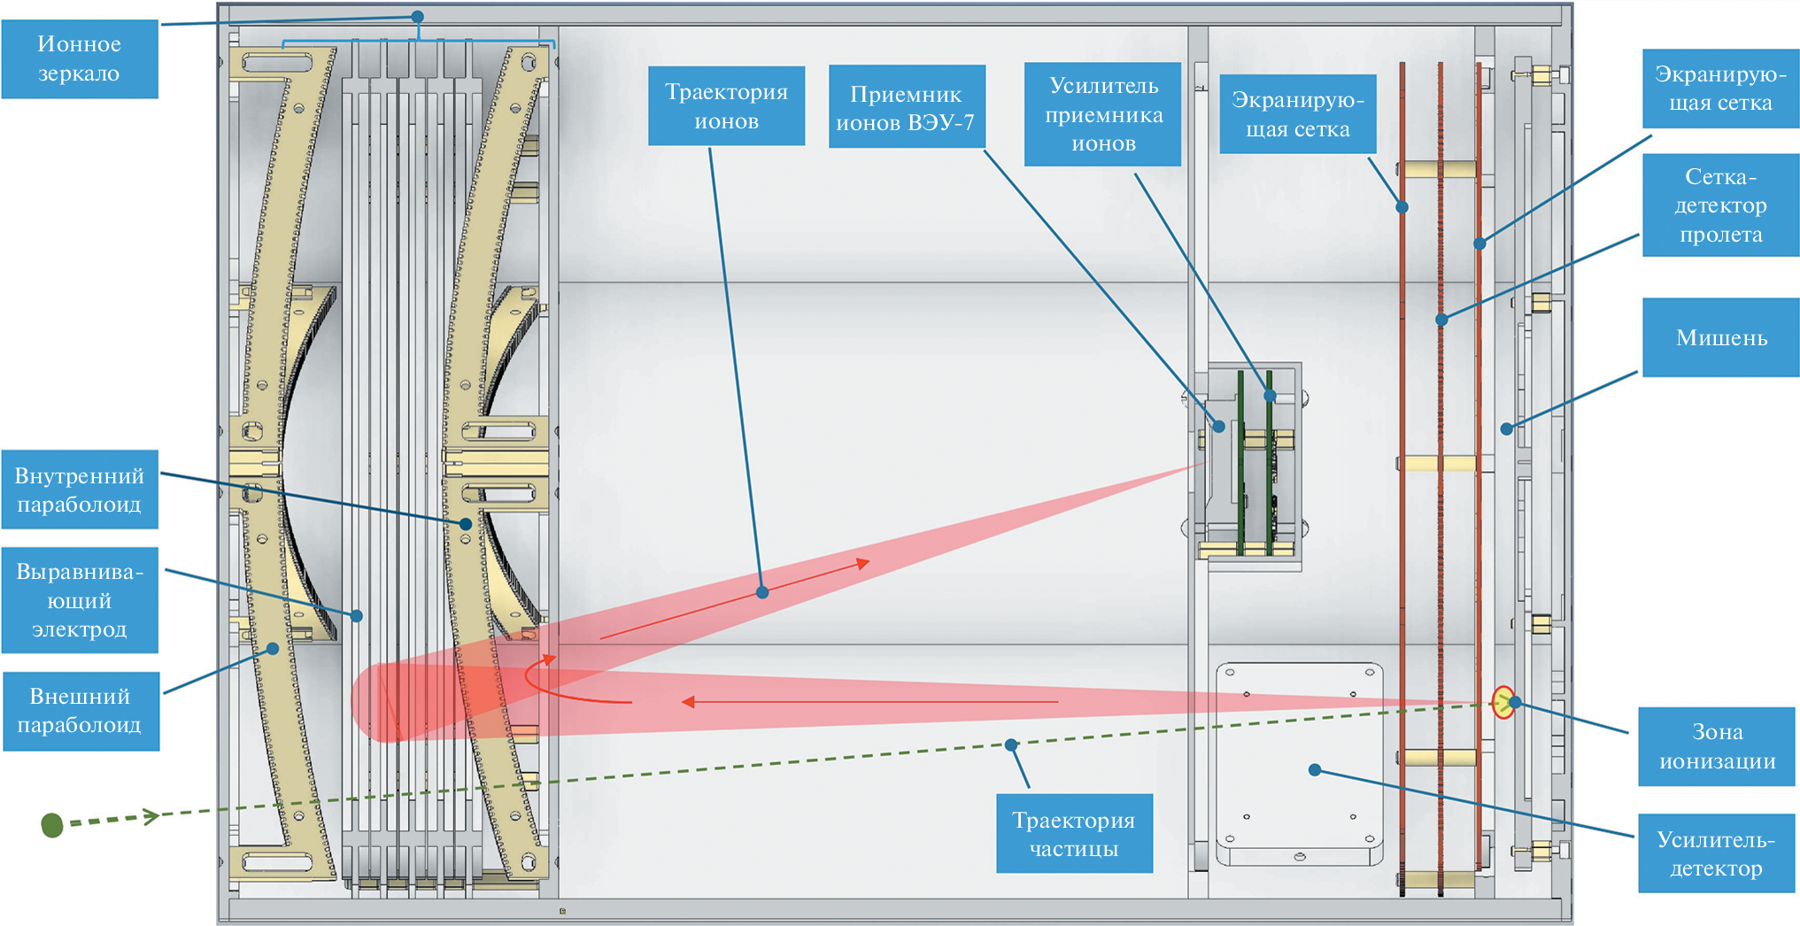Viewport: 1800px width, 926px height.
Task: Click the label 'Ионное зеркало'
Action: point(80,58)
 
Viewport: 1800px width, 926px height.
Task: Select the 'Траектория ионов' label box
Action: point(726,105)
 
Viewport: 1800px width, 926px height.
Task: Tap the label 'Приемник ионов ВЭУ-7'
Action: point(906,107)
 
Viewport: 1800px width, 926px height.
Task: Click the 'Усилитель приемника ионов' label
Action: point(1102,114)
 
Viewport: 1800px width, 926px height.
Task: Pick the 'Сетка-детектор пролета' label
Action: point(1719,205)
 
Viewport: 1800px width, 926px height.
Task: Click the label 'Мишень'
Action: point(1720,337)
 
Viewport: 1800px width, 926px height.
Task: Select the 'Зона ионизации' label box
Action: point(1716,746)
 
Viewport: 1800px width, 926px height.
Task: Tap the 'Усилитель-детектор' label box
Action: point(1715,853)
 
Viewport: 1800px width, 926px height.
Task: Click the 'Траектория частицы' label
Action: point(1073,834)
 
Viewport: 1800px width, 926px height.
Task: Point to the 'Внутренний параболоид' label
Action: point(80,490)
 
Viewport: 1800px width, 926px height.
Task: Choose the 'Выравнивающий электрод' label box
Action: point(80,600)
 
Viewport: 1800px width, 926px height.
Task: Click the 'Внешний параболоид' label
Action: point(81,711)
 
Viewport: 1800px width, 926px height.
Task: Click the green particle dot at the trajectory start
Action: point(52,825)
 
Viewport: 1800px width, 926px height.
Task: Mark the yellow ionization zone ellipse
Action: point(1503,702)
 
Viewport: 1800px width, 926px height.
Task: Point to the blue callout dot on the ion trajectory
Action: point(762,592)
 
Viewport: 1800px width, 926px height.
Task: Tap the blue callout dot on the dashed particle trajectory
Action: point(1011,745)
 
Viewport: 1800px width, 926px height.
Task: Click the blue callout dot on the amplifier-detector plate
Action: point(1315,770)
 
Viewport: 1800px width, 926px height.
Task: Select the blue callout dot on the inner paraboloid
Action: point(466,524)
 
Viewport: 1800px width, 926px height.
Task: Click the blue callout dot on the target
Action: point(1506,429)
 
